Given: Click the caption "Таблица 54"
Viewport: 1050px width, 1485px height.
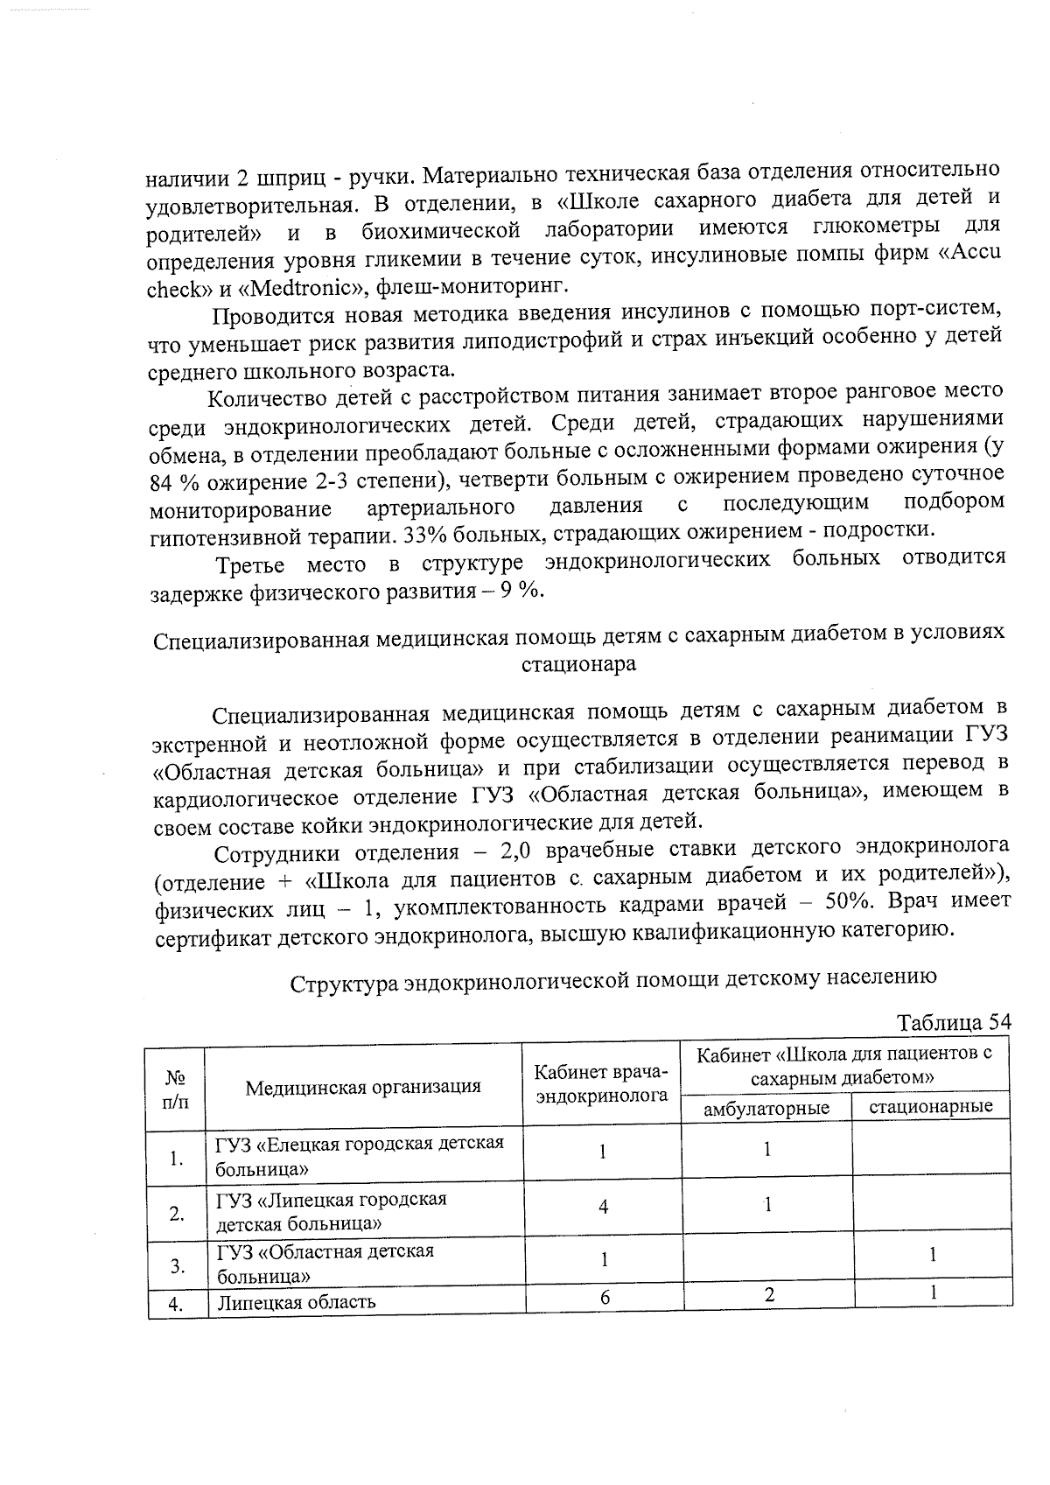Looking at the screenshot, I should [953, 1022].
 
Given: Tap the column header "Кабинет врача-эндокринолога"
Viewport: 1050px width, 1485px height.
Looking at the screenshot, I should [601, 1084].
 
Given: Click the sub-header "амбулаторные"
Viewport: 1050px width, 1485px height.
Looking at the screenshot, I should [766, 1107].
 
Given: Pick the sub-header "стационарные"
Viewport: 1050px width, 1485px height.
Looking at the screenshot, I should [931, 1106].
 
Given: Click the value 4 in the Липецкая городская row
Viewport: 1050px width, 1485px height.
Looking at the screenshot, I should [603, 1207].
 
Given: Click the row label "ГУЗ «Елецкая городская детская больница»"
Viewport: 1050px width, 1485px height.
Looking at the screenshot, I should [360, 1155].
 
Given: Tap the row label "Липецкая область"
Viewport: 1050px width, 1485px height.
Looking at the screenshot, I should [297, 1301].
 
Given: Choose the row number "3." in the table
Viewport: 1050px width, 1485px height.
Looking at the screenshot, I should [177, 1265].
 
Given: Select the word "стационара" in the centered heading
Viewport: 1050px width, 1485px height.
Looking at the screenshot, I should [578, 664].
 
